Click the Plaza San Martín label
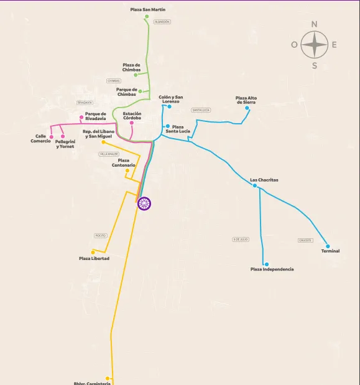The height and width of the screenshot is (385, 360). point(148,10)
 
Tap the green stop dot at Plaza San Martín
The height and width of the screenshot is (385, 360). point(147,17)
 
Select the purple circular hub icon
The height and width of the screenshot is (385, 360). point(144,203)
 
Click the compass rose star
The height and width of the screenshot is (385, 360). point(315,45)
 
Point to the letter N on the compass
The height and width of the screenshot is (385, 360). point(315,25)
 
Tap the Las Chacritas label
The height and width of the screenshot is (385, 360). point(264,180)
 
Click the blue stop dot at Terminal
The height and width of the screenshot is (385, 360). point(328,246)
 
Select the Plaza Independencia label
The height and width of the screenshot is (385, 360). point(272,269)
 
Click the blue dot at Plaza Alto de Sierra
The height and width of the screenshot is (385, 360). point(247,108)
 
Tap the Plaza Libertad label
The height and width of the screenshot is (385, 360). point(94,258)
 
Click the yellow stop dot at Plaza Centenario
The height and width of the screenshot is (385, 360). point(127,170)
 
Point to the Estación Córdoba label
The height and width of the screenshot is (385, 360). point(132,116)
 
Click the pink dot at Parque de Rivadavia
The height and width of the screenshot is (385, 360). point(81,117)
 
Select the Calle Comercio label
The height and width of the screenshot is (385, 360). point(40,139)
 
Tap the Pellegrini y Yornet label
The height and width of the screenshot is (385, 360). point(65,144)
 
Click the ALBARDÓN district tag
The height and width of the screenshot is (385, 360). point(162,22)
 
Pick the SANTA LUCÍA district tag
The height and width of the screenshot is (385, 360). point(201,110)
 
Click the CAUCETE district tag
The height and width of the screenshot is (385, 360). point(305,240)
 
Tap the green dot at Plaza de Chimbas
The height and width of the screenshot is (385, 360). point(136,75)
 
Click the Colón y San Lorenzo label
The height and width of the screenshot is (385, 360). point(170,100)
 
